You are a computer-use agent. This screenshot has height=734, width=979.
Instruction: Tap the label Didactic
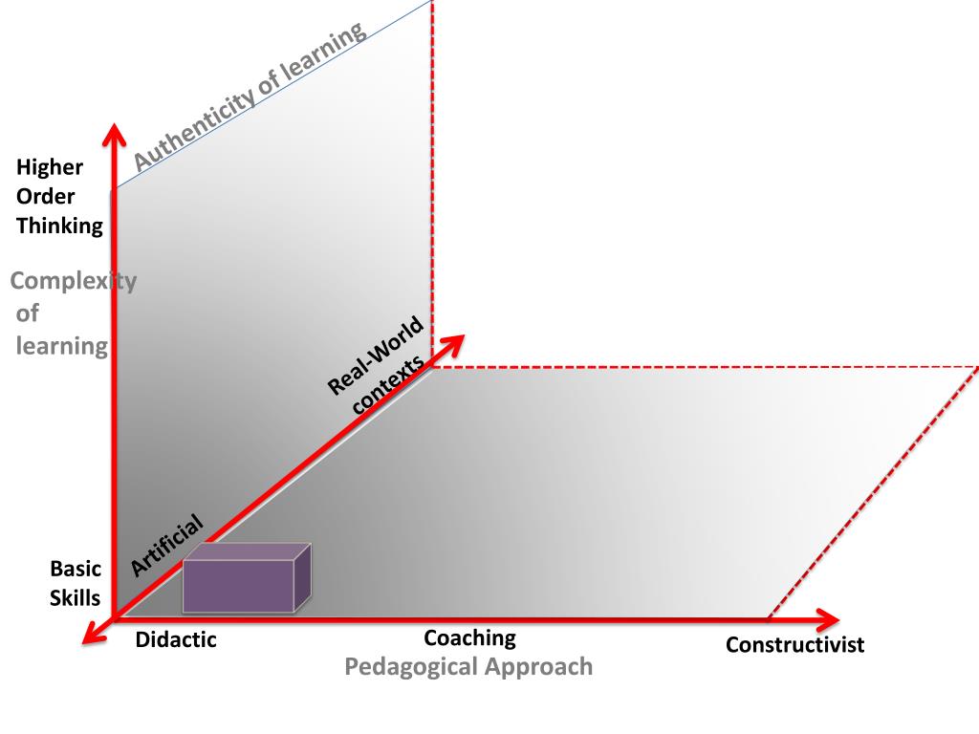click(x=176, y=640)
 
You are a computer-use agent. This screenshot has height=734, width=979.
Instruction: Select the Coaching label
click(x=469, y=637)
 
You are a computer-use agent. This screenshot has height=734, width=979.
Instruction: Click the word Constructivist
click(x=794, y=645)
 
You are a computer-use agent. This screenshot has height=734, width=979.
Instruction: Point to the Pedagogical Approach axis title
click(x=468, y=666)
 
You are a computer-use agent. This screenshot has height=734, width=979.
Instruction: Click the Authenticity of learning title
click(x=250, y=97)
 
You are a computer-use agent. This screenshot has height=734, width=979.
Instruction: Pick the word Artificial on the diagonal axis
click(x=166, y=545)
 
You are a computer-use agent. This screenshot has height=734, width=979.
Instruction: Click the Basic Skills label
click(x=76, y=583)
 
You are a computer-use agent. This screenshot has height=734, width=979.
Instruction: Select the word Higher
click(x=50, y=167)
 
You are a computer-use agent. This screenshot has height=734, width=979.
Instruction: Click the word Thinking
click(x=59, y=227)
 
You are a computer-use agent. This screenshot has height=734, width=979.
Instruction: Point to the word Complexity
click(x=73, y=281)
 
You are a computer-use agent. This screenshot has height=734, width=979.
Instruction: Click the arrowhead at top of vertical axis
click(x=115, y=134)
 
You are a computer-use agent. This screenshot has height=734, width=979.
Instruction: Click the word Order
click(x=45, y=197)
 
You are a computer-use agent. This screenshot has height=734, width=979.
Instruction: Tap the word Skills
click(x=76, y=598)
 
